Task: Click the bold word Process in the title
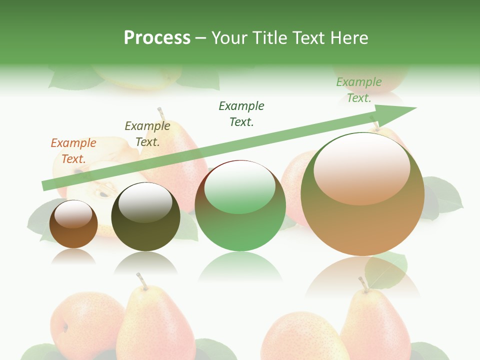click(157, 38)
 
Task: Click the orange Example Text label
click(73, 151)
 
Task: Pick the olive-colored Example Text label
click(147, 134)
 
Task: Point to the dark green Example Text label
click(241, 113)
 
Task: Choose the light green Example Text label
click(358, 90)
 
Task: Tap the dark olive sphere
click(145, 217)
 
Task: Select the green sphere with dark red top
click(240, 206)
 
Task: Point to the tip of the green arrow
click(415, 108)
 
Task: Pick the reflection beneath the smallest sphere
click(73, 256)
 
